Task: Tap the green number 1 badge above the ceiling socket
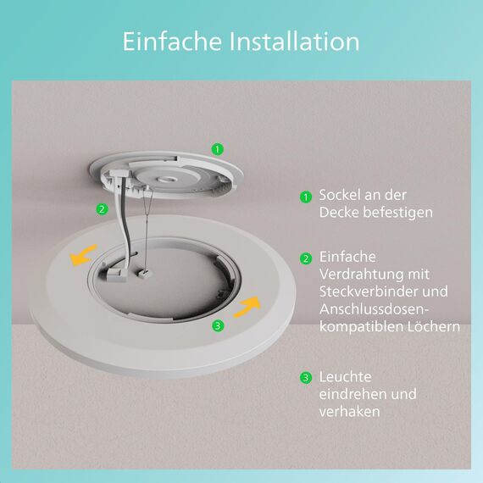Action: tap(218, 149)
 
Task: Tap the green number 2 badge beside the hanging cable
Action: tap(102, 209)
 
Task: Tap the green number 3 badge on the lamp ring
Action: tap(218, 325)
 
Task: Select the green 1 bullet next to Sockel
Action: tap(306, 197)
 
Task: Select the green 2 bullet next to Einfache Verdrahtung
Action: tap(306, 258)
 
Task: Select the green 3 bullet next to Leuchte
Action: tap(306, 377)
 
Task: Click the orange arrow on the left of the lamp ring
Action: tap(81, 256)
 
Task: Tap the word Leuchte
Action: tap(346, 376)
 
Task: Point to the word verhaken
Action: tap(349, 412)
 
